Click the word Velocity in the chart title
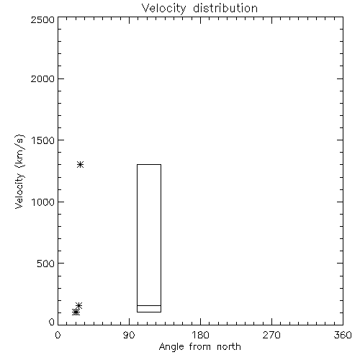pos(163,9)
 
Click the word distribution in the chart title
pos(225,8)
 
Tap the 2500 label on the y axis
pos(43,19)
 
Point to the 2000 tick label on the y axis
pos(43,78)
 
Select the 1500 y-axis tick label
pos(43,140)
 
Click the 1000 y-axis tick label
pos(43,202)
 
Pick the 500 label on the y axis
pos(46,264)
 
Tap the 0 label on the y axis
pos(52,322)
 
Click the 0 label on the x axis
pos(58,335)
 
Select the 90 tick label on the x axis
pos(129,335)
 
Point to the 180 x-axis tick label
pos(200,335)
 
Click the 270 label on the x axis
pos(271,335)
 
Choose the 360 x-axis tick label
pos(343,335)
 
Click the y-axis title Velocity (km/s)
pos(19,171)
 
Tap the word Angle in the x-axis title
pos(171,347)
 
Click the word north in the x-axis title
pos(229,347)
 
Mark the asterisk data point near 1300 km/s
pos(81,165)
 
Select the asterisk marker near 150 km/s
pos(78,305)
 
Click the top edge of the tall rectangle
pos(149,164)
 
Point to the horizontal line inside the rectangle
pos(149,305)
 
